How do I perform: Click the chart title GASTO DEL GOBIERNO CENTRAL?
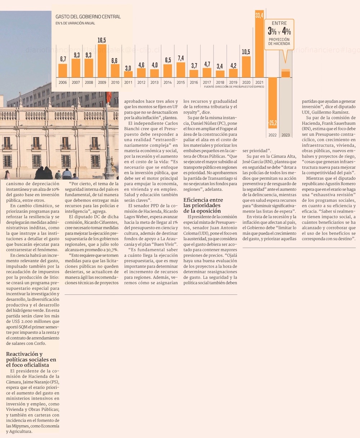[x=88, y=17]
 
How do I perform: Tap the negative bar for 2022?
[x=273, y=102]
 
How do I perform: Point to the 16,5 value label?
[x=102, y=40]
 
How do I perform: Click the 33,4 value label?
[x=259, y=15]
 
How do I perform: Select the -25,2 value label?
[x=273, y=123]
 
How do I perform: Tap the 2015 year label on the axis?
[x=181, y=82]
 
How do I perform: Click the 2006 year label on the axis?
[x=63, y=82]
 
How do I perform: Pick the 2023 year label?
[x=285, y=135]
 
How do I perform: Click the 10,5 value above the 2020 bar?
[x=246, y=52]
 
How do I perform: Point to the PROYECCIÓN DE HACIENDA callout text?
[x=279, y=41]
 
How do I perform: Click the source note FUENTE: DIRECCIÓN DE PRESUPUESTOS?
[x=234, y=87]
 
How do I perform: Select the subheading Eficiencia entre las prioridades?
[x=203, y=205]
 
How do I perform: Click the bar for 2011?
[x=128, y=74]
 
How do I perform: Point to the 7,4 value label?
[x=181, y=58]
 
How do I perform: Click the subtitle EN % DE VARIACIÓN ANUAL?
[x=75, y=23]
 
